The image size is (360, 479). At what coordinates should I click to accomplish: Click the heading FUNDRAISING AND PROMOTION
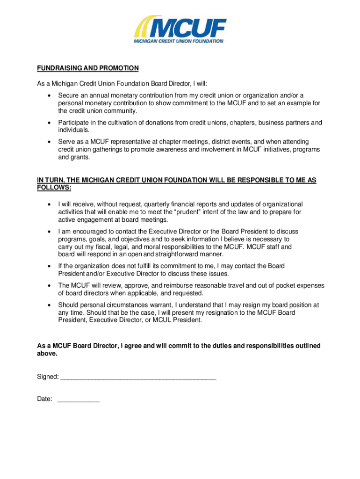click(x=88, y=68)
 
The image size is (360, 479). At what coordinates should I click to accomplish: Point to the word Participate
click(x=74, y=123)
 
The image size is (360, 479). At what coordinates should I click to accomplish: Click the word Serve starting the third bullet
click(x=66, y=142)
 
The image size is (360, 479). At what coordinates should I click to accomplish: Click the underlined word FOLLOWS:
click(x=54, y=188)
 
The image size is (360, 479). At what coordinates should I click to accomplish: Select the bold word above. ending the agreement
click(x=47, y=354)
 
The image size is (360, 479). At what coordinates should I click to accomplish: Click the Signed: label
click(x=48, y=377)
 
